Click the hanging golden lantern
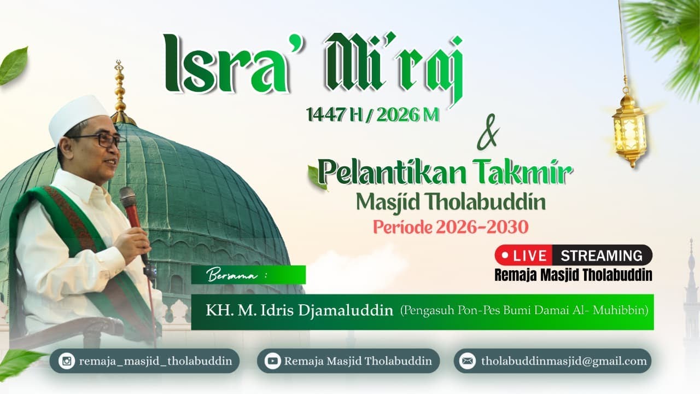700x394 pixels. (629, 129)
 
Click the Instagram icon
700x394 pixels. (67, 361)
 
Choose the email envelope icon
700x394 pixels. (468, 361)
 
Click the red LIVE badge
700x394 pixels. (524, 256)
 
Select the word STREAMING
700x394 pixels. (602, 256)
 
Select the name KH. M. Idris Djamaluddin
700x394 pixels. (299, 311)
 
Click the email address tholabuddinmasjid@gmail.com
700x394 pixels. (564, 361)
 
